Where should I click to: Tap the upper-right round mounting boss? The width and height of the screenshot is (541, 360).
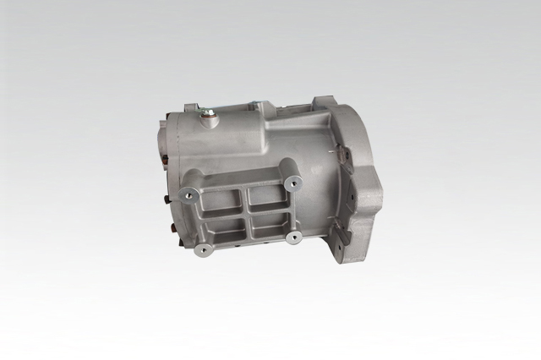[293, 180]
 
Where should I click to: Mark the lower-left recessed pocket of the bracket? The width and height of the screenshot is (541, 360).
[227, 233]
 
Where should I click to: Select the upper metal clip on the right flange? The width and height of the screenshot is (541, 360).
[342, 157]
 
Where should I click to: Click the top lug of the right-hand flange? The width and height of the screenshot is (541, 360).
[325, 108]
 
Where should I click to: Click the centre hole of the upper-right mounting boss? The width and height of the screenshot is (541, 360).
[293, 180]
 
